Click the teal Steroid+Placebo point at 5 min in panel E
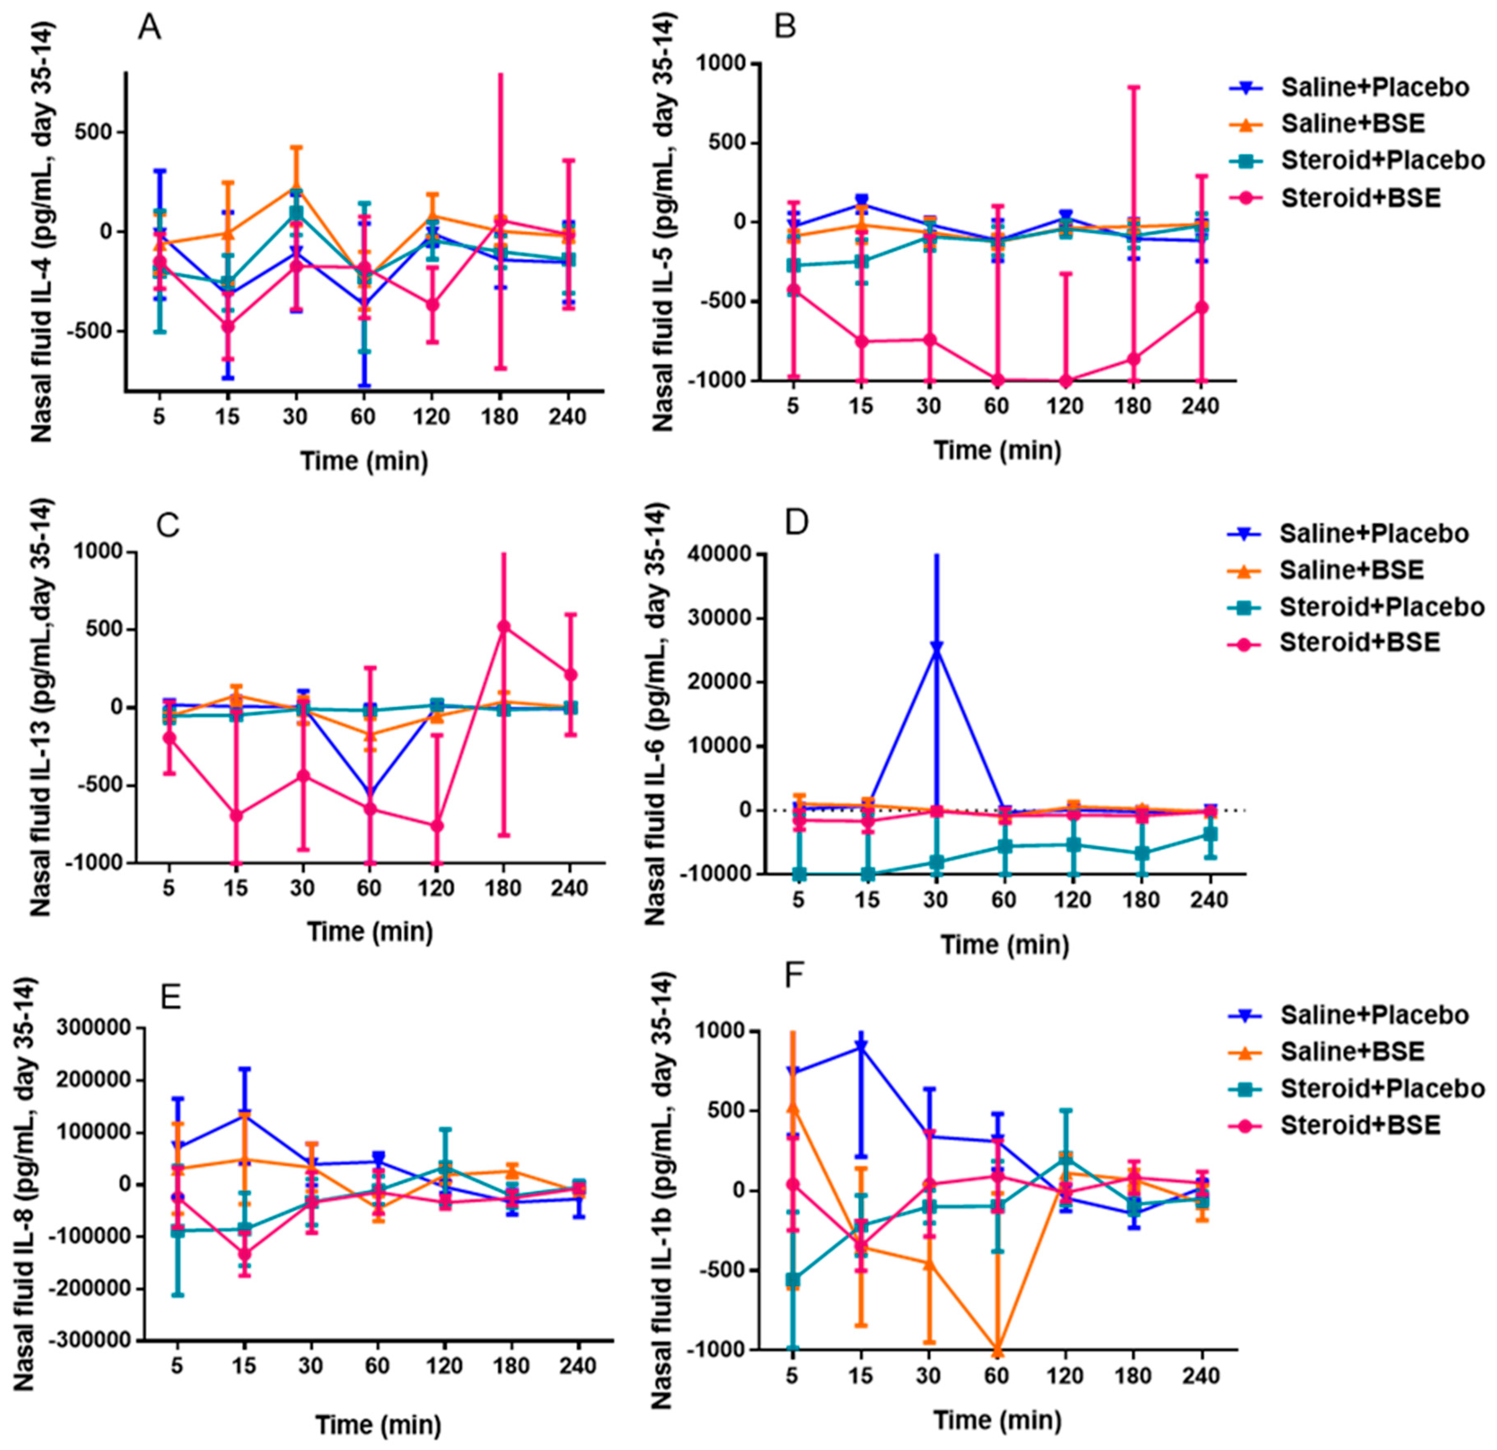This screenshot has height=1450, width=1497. tap(177, 1231)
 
